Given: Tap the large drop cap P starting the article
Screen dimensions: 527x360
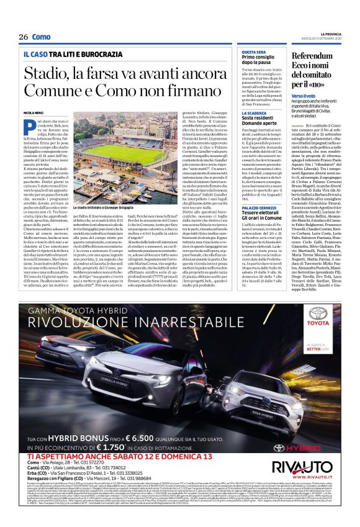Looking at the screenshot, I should point(27,124).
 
